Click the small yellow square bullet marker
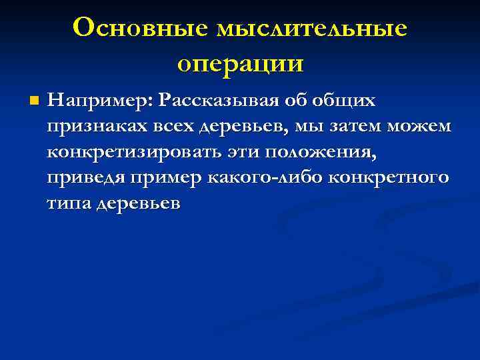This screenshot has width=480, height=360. click(34, 102)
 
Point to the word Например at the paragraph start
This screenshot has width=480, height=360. click(101, 100)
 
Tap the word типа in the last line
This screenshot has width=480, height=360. click(69, 204)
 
